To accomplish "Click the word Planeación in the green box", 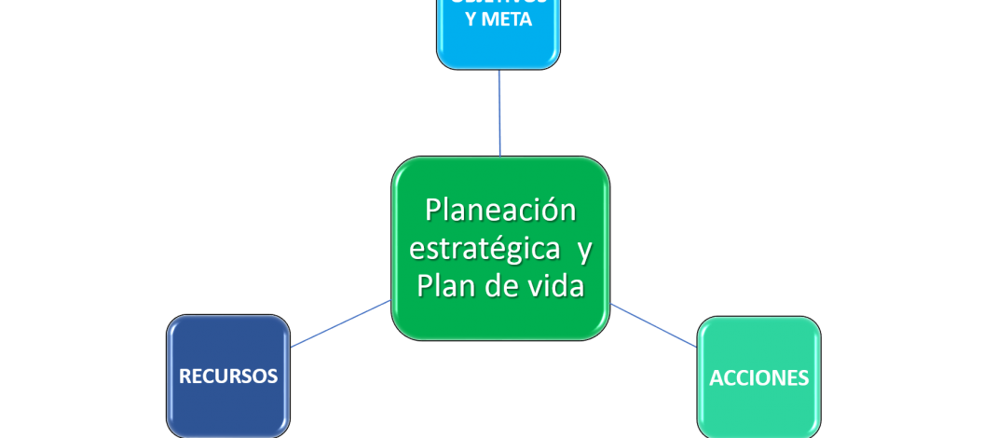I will (500, 211).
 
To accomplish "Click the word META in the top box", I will (511, 19).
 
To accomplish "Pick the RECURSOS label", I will (228, 376).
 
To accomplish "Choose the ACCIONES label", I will (758, 378).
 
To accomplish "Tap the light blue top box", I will (498, 47).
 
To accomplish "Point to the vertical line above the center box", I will (499, 112).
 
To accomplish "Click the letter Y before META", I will (471, 19).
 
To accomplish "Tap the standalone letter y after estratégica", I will (584, 251).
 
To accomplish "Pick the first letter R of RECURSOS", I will (184, 376).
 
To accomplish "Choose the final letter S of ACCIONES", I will (803, 378).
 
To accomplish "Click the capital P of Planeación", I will (433, 211).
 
